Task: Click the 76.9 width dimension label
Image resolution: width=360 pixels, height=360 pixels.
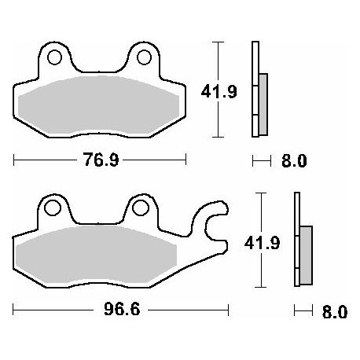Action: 101,160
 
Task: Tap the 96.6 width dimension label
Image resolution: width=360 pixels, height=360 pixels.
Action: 122,309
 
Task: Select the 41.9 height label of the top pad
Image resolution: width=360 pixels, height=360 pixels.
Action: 219,92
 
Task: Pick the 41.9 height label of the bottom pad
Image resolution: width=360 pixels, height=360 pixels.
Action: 262,243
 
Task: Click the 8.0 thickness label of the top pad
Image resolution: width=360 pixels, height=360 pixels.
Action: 294,160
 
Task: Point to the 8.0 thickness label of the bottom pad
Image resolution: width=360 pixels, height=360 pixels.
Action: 335,312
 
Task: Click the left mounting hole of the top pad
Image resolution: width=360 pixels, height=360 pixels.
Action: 54,57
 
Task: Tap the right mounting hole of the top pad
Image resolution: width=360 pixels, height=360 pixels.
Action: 145,57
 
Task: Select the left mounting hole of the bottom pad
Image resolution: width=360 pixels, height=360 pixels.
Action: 53,208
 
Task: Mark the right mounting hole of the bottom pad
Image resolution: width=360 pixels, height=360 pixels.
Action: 141,208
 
